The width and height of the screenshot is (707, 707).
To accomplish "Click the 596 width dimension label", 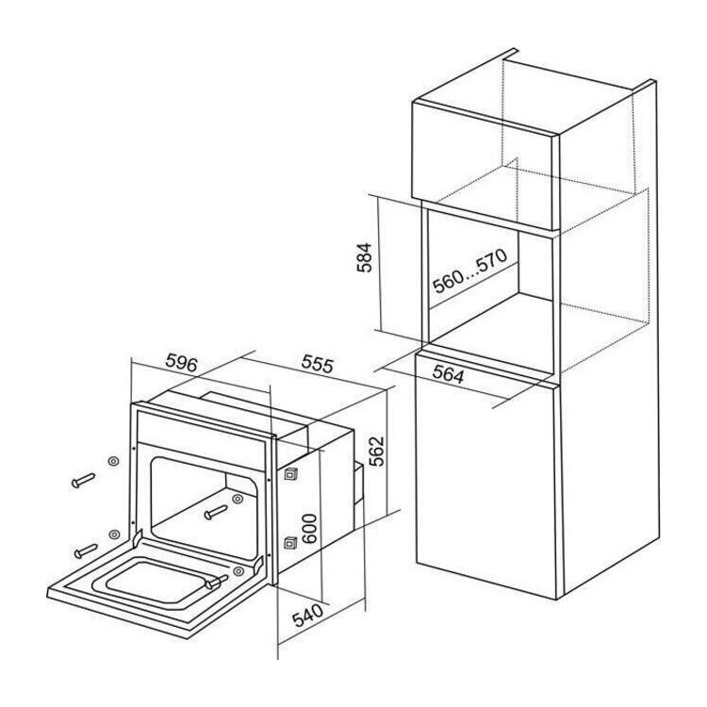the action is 182,363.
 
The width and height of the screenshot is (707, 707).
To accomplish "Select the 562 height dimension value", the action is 375,451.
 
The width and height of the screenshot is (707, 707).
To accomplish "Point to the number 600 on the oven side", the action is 310,529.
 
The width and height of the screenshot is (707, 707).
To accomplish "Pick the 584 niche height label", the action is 364,258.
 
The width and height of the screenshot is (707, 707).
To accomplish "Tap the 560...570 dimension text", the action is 469,271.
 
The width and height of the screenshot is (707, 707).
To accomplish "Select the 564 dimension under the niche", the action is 449,374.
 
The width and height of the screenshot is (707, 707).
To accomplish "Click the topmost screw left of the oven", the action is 83,480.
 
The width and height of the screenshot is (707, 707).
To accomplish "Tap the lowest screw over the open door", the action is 217,582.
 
